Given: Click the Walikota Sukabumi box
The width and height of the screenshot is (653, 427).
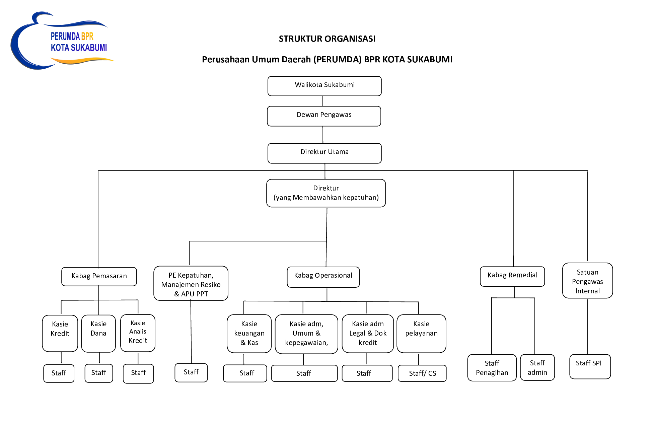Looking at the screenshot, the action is pyautogui.click(x=324, y=86).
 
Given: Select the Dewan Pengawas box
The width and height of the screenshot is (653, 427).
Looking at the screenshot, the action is pyautogui.click(x=324, y=116).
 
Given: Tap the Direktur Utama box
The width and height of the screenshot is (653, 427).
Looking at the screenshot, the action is pyautogui.click(x=324, y=153).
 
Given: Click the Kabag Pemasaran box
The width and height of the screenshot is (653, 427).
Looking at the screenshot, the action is pyautogui.click(x=99, y=277).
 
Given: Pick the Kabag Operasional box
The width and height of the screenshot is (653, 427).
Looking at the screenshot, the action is pyautogui.click(x=323, y=277).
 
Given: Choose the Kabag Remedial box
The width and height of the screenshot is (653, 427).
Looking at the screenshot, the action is pyautogui.click(x=512, y=276).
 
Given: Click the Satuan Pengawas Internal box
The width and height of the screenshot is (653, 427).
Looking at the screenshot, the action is pyautogui.click(x=587, y=281).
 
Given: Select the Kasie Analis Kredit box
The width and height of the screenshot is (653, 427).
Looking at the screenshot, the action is pyautogui.click(x=138, y=333).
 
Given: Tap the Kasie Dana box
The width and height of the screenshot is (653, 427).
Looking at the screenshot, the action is pyautogui.click(x=98, y=334).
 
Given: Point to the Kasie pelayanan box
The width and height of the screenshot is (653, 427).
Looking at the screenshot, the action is pyautogui.click(x=421, y=334).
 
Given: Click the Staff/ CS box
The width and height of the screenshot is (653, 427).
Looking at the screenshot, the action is pyautogui.click(x=422, y=373).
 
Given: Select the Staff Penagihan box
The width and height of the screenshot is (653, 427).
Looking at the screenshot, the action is pyautogui.click(x=492, y=368).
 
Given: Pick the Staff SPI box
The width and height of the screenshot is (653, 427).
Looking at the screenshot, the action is pyautogui.click(x=590, y=366).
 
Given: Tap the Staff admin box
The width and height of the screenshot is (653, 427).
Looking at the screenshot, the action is pyautogui.click(x=537, y=367).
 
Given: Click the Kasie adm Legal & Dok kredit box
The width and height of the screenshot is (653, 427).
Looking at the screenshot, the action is pyautogui.click(x=368, y=334).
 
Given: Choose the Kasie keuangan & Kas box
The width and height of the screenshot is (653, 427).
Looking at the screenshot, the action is pyautogui.click(x=249, y=334).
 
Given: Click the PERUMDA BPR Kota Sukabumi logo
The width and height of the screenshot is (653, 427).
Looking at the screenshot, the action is pyautogui.click(x=63, y=41).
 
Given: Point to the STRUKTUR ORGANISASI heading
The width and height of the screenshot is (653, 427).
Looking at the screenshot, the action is pyautogui.click(x=327, y=39).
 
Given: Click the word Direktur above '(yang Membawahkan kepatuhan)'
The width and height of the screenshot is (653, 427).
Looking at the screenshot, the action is pyautogui.click(x=326, y=188).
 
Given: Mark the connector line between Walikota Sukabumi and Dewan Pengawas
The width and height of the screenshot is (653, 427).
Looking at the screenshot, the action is pyautogui.click(x=323, y=101).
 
